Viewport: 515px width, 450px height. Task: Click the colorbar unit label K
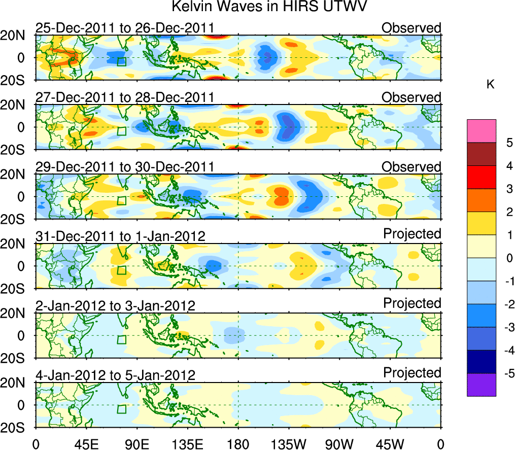tap(490, 85)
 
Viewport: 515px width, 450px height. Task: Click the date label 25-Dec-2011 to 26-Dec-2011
tap(124, 28)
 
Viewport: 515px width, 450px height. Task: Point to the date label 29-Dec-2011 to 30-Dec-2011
tap(124, 167)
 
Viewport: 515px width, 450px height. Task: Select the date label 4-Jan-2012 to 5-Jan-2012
tap(116, 375)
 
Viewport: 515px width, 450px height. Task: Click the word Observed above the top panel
tap(411, 28)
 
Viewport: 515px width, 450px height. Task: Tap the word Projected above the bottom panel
tap(412, 373)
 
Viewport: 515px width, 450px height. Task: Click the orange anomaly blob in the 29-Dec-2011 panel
tap(280, 195)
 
